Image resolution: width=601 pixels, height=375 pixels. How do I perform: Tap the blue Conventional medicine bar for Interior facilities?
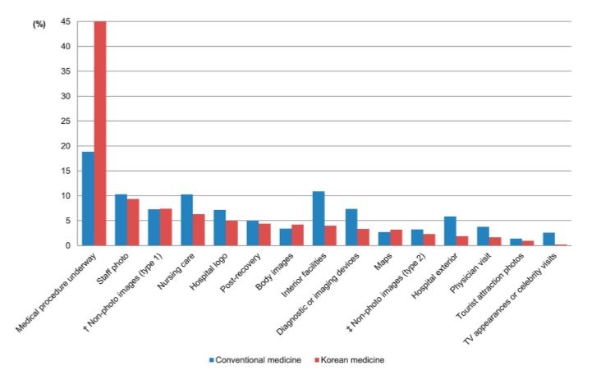(319, 218)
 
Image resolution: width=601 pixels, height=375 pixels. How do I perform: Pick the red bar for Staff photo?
(133, 222)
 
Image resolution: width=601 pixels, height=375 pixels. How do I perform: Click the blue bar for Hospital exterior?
(450, 231)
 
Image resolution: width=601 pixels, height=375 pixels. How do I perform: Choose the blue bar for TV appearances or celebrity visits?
(548, 239)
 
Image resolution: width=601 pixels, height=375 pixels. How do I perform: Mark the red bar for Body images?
(297, 235)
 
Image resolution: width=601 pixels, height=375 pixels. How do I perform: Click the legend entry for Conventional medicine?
(255, 359)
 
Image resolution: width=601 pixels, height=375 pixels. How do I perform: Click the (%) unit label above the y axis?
(39, 25)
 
